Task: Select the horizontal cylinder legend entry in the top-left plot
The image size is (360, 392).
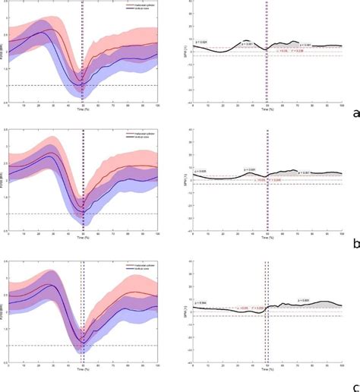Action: pyautogui.click(x=137, y=4)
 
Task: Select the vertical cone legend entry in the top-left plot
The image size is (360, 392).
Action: pyautogui.click(x=136, y=8)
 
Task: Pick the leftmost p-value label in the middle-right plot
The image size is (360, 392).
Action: pyautogui.click(x=201, y=172)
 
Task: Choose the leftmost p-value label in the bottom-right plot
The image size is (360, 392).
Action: pyautogui.click(x=203, y=304)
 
